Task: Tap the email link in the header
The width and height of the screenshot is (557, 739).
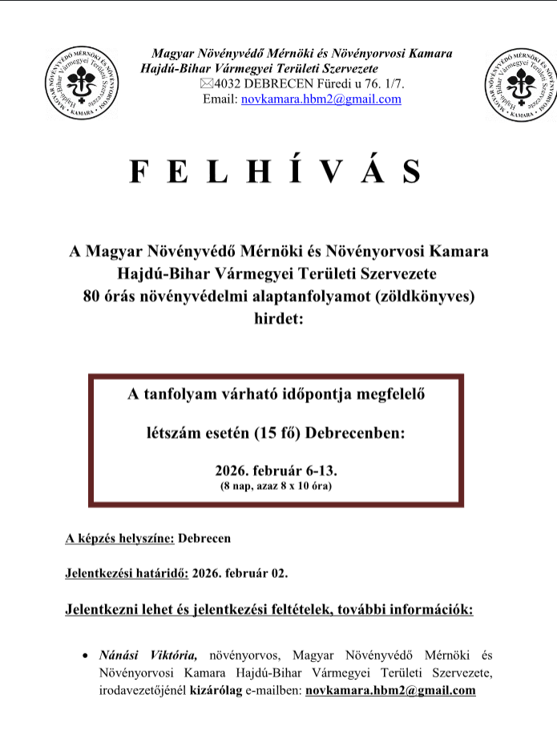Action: pyautogui.click(x=321, y=99)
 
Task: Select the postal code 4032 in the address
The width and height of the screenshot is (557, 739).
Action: pyautogui.click(x=228, y=84)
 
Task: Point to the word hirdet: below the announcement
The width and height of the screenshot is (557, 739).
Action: pyautogui.click(x=276, y=320)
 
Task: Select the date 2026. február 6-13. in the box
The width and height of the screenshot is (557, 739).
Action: pyautogui.click(x=276, y=470)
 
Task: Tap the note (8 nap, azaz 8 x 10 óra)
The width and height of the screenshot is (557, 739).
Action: pyautogui.click(x=276, y=487)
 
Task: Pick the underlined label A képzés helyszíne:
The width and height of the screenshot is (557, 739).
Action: pyautogui.click(x=119, y=539)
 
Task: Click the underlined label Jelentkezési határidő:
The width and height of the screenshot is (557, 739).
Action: pyautogui.click(x=127, y=574)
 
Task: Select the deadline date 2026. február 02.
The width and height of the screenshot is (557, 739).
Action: pyautogui.click(x=240, y=574)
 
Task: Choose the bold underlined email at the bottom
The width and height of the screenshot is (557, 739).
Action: pyautogui.click(x=390, y=690)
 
